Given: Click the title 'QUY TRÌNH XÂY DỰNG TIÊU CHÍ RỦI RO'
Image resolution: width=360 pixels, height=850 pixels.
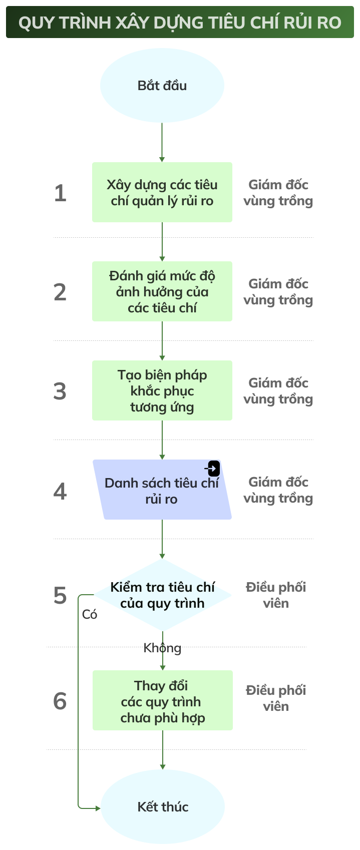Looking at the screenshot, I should (180, 23).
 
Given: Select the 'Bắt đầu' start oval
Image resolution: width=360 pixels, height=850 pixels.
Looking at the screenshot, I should (162, 85).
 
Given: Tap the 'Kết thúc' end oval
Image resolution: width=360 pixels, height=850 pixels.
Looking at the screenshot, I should (163, 806).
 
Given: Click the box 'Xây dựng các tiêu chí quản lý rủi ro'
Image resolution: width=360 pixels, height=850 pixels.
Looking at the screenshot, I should (162, 192).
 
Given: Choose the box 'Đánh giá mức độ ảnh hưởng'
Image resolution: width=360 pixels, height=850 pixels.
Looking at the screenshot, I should (162, 291).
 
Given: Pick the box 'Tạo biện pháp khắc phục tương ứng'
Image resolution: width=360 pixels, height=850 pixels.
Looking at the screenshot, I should (162, 390).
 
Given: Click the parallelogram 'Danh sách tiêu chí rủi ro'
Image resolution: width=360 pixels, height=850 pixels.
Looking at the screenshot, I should (162, 491).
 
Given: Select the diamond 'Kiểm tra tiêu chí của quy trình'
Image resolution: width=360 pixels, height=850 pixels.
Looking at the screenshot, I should (162, 595).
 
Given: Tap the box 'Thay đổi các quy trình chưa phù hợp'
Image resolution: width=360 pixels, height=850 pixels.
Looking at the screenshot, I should (162, 701).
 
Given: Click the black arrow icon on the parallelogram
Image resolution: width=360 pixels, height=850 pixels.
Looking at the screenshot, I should (213, 469).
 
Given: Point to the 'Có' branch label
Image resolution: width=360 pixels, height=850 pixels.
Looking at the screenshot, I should (90, 614).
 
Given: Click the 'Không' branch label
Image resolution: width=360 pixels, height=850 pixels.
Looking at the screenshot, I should (162, 648).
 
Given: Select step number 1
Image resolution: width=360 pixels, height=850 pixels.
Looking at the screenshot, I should (60, 193).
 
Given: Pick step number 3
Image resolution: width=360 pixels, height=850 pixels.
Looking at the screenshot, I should (60, 391).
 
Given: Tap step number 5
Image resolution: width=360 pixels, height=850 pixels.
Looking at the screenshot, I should (60, 595).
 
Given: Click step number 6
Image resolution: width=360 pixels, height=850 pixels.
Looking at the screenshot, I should (60, 701).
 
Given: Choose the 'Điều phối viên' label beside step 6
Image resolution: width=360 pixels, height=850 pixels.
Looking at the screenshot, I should (276, 698).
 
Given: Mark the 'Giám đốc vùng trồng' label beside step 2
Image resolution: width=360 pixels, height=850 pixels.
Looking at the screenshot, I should (278, 292).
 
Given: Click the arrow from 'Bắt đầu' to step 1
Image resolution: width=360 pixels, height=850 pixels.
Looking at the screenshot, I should (162, 142).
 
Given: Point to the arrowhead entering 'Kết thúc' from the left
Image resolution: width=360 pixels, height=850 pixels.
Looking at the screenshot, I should (97, 808).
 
